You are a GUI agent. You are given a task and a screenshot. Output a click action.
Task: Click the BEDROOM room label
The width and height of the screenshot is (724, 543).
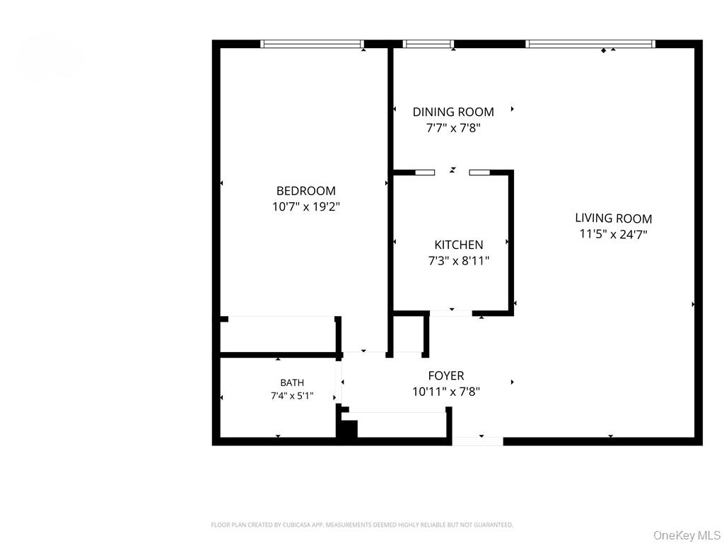pos(305,191)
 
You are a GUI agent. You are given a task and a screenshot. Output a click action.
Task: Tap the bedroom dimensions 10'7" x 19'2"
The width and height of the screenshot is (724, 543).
pos(305,206)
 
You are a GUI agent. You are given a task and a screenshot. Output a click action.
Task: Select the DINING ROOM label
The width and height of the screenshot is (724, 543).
pos(453,112)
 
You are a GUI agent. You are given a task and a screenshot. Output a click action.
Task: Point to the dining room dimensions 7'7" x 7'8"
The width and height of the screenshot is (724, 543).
pos(453,128)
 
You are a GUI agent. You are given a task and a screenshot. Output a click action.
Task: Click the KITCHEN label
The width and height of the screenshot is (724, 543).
pos(458,245)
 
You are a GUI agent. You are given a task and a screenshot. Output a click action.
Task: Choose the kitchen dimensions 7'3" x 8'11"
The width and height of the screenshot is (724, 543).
pos(458,261)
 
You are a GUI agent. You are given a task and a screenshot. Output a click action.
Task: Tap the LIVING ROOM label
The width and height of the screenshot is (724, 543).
pos(613,218)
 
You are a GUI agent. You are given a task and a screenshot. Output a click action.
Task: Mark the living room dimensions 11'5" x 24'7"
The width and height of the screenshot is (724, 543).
pos(613,234)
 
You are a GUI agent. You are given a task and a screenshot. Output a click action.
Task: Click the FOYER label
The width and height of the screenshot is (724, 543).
pos(446,376)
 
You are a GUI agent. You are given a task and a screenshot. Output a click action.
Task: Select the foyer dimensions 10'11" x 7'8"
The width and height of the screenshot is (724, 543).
pos(446,392)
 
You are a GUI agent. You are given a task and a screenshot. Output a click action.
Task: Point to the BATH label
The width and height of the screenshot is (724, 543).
pos(292,383)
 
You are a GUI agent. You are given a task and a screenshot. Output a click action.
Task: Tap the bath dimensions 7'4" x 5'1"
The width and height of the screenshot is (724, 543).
pos(292,396)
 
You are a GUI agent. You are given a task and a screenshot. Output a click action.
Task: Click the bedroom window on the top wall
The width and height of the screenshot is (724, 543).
pos(312,44)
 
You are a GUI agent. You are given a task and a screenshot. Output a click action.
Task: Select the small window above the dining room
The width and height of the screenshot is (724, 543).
pos(428,44)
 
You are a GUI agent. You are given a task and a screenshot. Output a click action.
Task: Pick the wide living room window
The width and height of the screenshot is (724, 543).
pos(590,44)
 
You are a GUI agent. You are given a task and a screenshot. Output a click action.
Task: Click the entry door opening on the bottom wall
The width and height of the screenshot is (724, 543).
pos(477,441)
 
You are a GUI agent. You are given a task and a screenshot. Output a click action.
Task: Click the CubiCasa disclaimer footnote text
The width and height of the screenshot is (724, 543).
pos(361,525)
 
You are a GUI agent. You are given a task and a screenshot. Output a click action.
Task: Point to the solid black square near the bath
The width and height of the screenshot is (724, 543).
pos(348,429)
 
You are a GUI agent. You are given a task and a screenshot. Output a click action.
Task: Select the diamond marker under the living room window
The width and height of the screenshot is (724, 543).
pos(604,50)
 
